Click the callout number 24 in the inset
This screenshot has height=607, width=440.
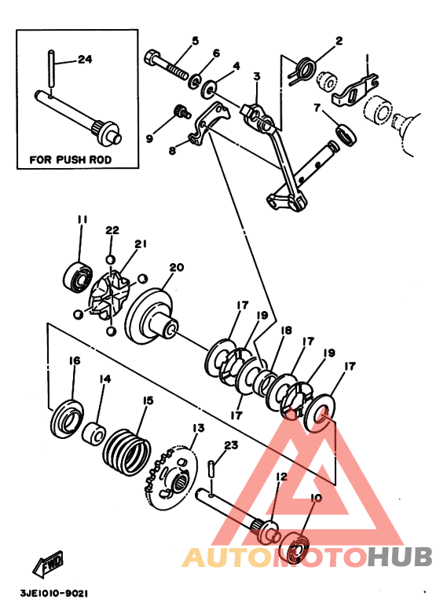[x=85, y=59]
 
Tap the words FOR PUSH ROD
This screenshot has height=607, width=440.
[x=71, y=159]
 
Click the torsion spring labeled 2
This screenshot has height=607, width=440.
[x=303, y=70]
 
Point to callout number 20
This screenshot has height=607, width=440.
[x=176, y=267]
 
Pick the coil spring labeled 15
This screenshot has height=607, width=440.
[x=126, y=452]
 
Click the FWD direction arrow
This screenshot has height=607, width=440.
[x=48, y=562]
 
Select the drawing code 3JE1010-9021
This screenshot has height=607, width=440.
[x=54, y=593]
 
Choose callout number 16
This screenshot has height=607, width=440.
[x=75, y=360]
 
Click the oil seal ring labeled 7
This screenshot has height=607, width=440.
[x=346, y=135]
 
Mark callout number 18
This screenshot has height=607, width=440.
[x=287, y=331]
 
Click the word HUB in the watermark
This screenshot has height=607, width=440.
[x=400, y=557]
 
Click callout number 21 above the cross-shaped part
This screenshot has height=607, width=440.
[x=141, y=244]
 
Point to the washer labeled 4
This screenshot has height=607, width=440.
[x=209, y=89]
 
